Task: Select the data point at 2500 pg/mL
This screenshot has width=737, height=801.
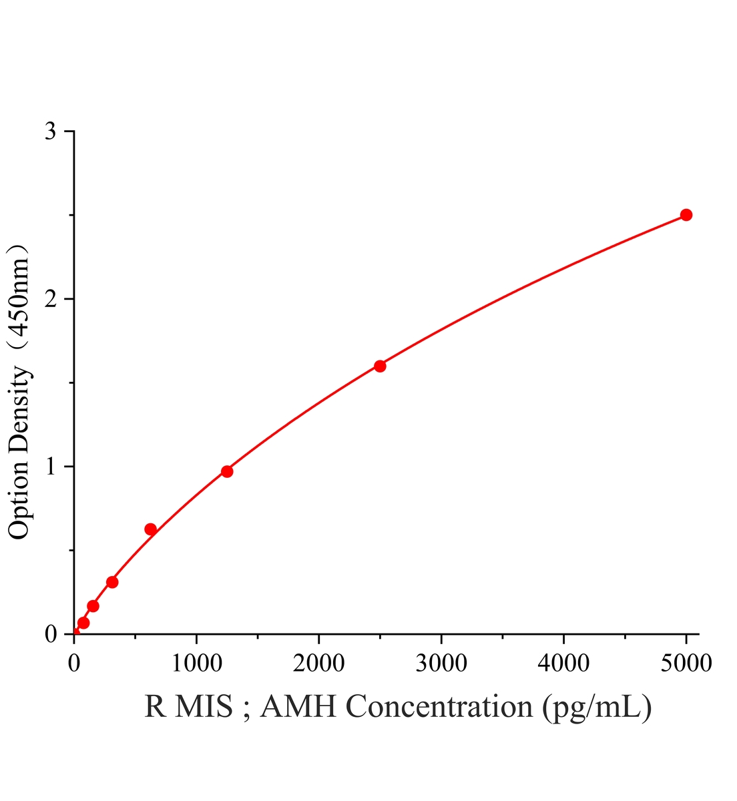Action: [380, 366]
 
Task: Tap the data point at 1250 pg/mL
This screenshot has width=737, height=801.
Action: [227, 471]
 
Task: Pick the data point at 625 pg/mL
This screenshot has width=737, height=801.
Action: [151, 529]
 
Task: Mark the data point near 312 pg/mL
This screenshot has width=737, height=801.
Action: [112, 582]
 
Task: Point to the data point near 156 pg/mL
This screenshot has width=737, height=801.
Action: [93, 606]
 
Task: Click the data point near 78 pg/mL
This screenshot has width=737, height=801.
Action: [83, 623]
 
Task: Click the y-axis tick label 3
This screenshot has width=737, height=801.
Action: [50, 131]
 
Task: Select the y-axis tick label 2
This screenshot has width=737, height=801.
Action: [50, 298]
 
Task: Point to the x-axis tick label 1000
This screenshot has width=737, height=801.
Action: [196, 663]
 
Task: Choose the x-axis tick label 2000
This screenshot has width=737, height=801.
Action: [319, 663]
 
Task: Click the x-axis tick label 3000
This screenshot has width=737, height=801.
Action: [441, 663]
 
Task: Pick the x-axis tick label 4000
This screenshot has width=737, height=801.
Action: [563, 663]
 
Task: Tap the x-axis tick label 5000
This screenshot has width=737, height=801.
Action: [686, 663]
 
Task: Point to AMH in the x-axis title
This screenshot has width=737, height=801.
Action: [298, 717]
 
